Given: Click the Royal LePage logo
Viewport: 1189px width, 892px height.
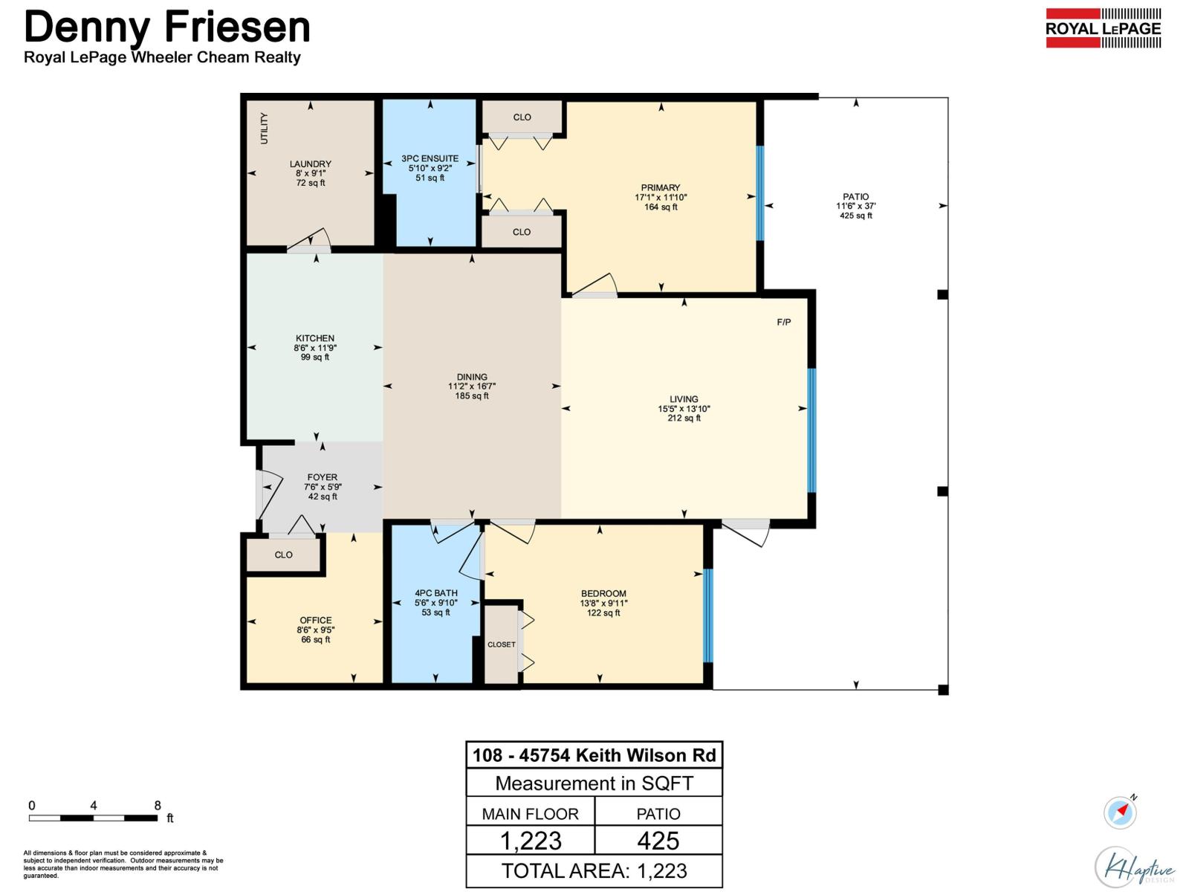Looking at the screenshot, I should (1103, 28).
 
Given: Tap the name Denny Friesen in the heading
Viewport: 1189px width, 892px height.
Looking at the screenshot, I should (166, 27).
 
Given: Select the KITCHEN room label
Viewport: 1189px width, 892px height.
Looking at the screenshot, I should (314, 338).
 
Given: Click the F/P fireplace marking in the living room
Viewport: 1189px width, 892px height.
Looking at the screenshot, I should (784, 322).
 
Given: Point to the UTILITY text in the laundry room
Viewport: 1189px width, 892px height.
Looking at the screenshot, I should (264, 128).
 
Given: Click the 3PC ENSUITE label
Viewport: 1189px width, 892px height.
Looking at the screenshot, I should (430, 158).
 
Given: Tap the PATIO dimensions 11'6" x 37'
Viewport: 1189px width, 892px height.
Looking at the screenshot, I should (855, 206).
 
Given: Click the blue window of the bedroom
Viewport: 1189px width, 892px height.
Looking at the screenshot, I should (707, 615).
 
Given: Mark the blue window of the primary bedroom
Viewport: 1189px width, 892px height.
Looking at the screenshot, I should (759, 193).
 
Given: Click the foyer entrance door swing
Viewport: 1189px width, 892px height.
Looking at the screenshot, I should (268, 494).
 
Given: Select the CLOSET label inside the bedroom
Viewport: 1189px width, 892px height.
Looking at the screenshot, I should (501, 644).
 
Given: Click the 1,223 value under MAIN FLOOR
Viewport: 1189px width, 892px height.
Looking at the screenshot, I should (531, 841).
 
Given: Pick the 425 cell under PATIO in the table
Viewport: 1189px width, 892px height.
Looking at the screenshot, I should (658, 841).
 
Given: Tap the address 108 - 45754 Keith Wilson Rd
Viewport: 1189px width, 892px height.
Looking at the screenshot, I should (594, 755).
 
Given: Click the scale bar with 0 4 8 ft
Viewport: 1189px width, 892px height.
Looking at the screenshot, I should (93, 818).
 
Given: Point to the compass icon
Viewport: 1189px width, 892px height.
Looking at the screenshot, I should (1120, 812).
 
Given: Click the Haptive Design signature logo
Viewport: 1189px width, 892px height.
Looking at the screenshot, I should (1135, 867).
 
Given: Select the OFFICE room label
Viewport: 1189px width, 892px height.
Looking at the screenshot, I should (315, 620).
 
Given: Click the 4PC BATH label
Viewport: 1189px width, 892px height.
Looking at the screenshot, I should (435, 593).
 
